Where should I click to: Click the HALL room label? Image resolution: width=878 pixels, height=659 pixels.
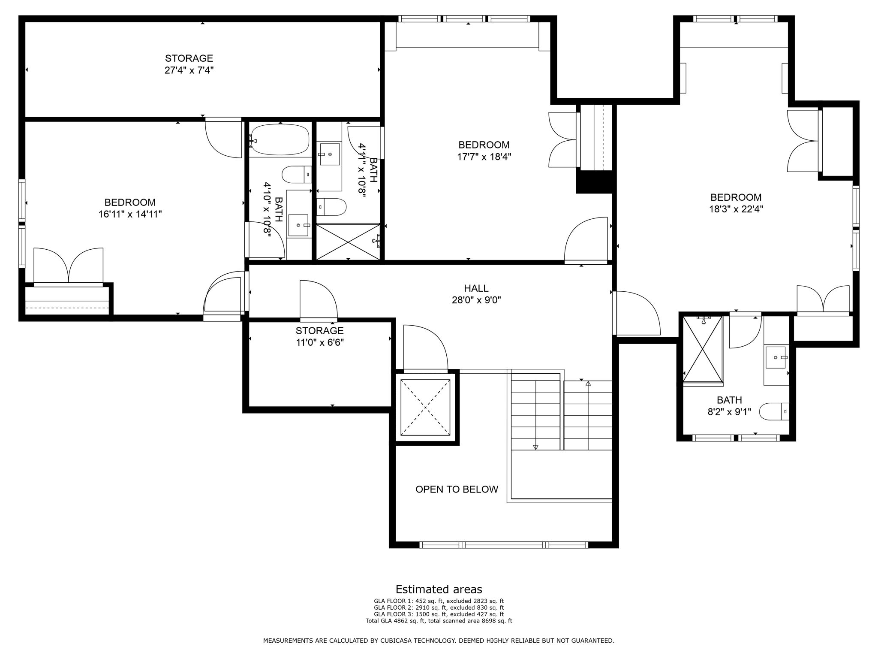pos(476,288)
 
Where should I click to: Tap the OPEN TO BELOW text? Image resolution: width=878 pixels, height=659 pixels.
pos(457,490)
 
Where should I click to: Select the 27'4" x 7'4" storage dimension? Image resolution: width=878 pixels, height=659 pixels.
pos(189,70)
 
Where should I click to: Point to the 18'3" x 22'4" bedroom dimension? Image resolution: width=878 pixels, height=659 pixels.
pos(736,209)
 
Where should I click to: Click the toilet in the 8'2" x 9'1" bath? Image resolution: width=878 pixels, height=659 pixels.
pos(774,412)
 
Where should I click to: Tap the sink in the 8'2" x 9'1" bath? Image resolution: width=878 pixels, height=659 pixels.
pos(776,357)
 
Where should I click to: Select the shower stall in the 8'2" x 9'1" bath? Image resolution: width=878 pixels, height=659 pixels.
pos(703,349)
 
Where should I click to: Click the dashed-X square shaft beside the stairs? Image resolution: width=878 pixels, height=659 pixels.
pos(425,407)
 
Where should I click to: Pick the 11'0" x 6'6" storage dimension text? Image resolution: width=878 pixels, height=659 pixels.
pos(319,342)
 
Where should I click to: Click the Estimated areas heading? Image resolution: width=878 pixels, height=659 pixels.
pos(439,589)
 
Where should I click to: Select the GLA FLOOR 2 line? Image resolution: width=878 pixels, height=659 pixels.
pos(439,608)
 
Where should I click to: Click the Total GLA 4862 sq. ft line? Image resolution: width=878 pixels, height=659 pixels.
pos(439,621)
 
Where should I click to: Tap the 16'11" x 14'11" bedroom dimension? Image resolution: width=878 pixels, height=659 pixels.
pos(130,214)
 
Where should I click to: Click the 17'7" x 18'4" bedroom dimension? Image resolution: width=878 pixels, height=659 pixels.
pos(484,157)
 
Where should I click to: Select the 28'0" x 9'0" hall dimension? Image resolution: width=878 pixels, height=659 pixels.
pos(476,300)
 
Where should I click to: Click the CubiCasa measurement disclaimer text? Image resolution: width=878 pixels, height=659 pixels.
pos(439,641)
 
